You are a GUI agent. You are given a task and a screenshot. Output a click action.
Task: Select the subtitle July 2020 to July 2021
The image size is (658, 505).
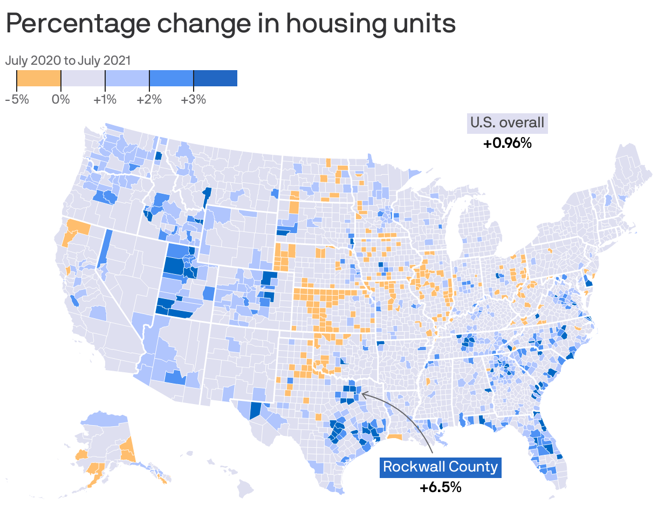coord(68,60)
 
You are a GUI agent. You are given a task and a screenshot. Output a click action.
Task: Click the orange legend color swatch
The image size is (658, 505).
coord(38,78)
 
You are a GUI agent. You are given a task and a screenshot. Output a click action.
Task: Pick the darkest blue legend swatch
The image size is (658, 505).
coord(215,78)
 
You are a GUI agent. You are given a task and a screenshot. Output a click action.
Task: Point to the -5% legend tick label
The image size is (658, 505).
coord(17,100)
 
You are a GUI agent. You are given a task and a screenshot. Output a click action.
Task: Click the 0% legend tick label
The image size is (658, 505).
coord(61,100)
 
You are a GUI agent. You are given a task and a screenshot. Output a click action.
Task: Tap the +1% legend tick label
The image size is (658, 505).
coord(105,100)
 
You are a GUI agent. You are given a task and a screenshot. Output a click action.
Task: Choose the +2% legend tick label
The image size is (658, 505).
coord(149,100)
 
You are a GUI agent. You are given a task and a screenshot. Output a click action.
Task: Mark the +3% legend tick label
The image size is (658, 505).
coord(194,100)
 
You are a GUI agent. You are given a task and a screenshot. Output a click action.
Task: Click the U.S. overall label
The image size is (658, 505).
coord(507,122)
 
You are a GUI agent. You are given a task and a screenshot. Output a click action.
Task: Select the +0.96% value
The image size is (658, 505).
coord(507,144)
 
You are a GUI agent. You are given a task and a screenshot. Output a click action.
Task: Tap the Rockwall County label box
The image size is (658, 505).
coord(441,467)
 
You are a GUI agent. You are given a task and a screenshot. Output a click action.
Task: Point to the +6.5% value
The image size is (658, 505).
coord(441,487)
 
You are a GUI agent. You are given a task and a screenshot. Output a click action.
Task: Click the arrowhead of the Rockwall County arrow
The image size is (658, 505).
coord(362,394)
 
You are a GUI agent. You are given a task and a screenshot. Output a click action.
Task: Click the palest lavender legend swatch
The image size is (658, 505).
coord(83,78)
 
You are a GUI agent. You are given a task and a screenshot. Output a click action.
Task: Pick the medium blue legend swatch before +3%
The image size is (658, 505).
coord(171,78)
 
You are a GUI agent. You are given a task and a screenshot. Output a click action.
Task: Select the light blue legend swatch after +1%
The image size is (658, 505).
coord(127,78)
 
